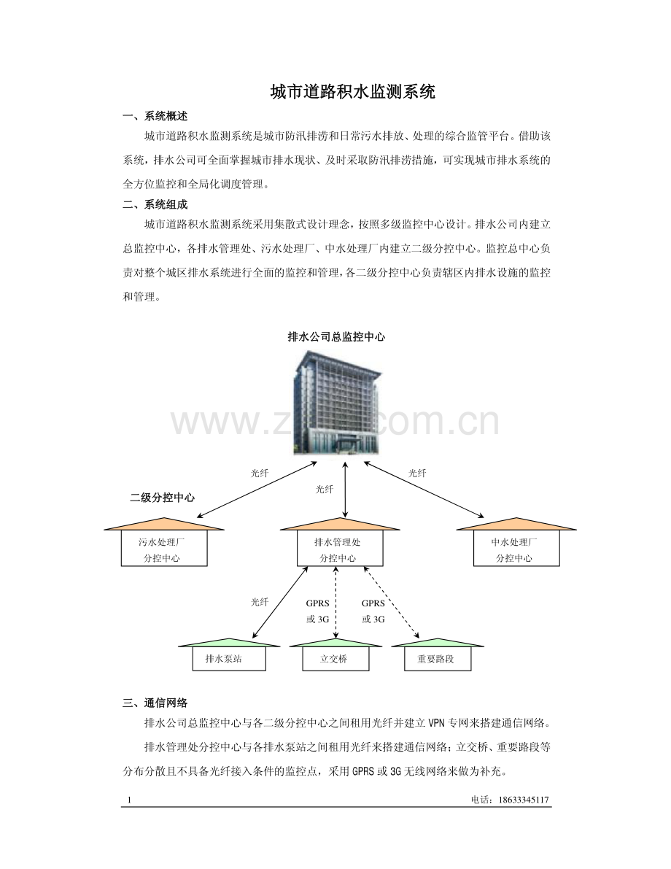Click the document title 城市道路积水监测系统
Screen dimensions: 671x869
(x=352, y=91)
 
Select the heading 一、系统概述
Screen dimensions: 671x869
(x=155, y=117)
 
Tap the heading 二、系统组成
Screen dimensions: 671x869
(x=155, y=204)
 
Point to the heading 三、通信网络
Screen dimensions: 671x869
(x=155, y=703)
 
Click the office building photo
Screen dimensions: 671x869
(x=335, y=403)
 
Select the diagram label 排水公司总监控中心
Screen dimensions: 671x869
(x=336, y=336)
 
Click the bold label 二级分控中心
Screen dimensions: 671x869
(x=163, y=498)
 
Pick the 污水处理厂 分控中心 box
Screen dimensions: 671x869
(x=164, y=548)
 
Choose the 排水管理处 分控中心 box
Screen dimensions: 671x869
(x=340, y=548)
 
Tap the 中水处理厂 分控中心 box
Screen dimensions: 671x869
(x=516, y=548)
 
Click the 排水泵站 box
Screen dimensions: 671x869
(x=229, y=658)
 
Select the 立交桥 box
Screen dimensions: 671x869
(x=335, y=658)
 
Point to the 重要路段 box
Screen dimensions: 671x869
(x=437, y=658)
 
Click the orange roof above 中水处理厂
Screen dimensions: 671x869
(x=516, y=525)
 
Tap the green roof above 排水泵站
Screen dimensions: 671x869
(x=229, y=643)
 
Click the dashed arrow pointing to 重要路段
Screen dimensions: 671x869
(x=391, y=603)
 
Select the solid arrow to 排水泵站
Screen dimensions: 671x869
(x=280, y=603)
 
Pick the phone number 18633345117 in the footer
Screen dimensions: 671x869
(x=524, y=800)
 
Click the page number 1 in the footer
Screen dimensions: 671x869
(x=130, y=800)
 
